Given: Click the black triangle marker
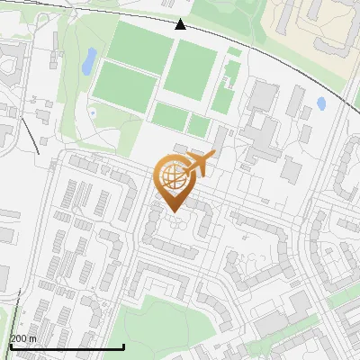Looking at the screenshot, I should (x=180, y=24).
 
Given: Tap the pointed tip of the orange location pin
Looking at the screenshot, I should (x=171, y=211).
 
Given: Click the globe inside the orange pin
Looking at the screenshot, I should (x=171, y=175).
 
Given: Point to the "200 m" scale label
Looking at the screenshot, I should (x=22, y=338).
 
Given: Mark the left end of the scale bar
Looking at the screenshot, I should (x=9, y=347).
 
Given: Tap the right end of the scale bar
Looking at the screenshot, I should (x=123, y=347).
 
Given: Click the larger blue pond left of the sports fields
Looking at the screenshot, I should (x=89, y=61).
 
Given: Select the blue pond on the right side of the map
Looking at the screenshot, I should (x=321, y=103).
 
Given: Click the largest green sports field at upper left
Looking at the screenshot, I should (x=139, y=47).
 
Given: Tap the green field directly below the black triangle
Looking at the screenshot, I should (x=191, y=70).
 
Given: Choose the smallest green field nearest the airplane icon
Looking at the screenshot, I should (x=198, y=126).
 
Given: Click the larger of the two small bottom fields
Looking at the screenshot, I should (x=169, y=115).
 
